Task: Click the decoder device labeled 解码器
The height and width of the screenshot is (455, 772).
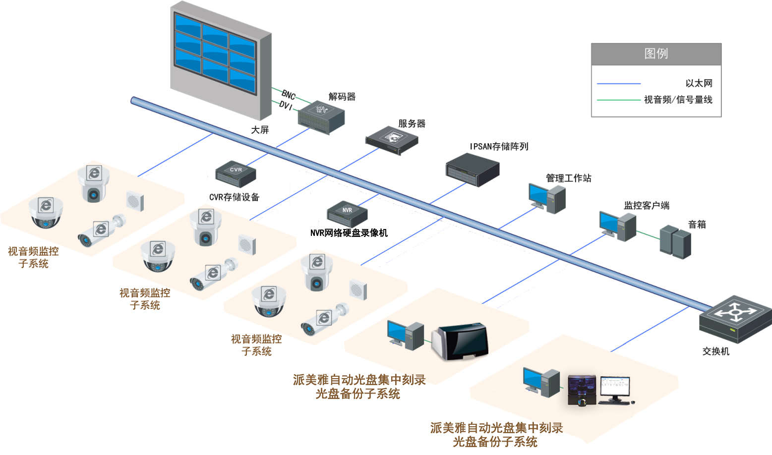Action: (321, 117)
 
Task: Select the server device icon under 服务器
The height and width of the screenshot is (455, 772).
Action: (392, 139)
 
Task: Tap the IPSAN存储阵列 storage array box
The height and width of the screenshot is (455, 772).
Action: (472, 170)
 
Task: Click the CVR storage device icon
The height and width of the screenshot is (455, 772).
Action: (236, 173)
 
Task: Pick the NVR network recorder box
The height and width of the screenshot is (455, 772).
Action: (347, 214)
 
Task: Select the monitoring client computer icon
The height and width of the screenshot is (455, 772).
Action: (617, 226)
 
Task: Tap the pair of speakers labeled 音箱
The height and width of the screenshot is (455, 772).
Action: (675, 241)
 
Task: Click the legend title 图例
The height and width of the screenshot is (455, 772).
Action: (656, 54)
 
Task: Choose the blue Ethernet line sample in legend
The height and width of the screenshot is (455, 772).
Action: (619, 84)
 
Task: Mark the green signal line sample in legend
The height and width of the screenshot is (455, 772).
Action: (619, 100)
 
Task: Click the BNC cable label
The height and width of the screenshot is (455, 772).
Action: (289, 94)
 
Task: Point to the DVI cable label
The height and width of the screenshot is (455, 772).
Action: (286, 105)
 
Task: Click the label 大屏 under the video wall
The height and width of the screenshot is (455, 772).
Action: (260, 130)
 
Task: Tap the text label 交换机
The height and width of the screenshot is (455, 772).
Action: (715, 351)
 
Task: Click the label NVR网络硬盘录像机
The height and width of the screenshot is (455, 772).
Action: (349, 233)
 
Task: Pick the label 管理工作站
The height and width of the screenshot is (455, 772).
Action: (568, 178)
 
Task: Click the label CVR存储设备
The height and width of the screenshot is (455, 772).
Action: (234, 197)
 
